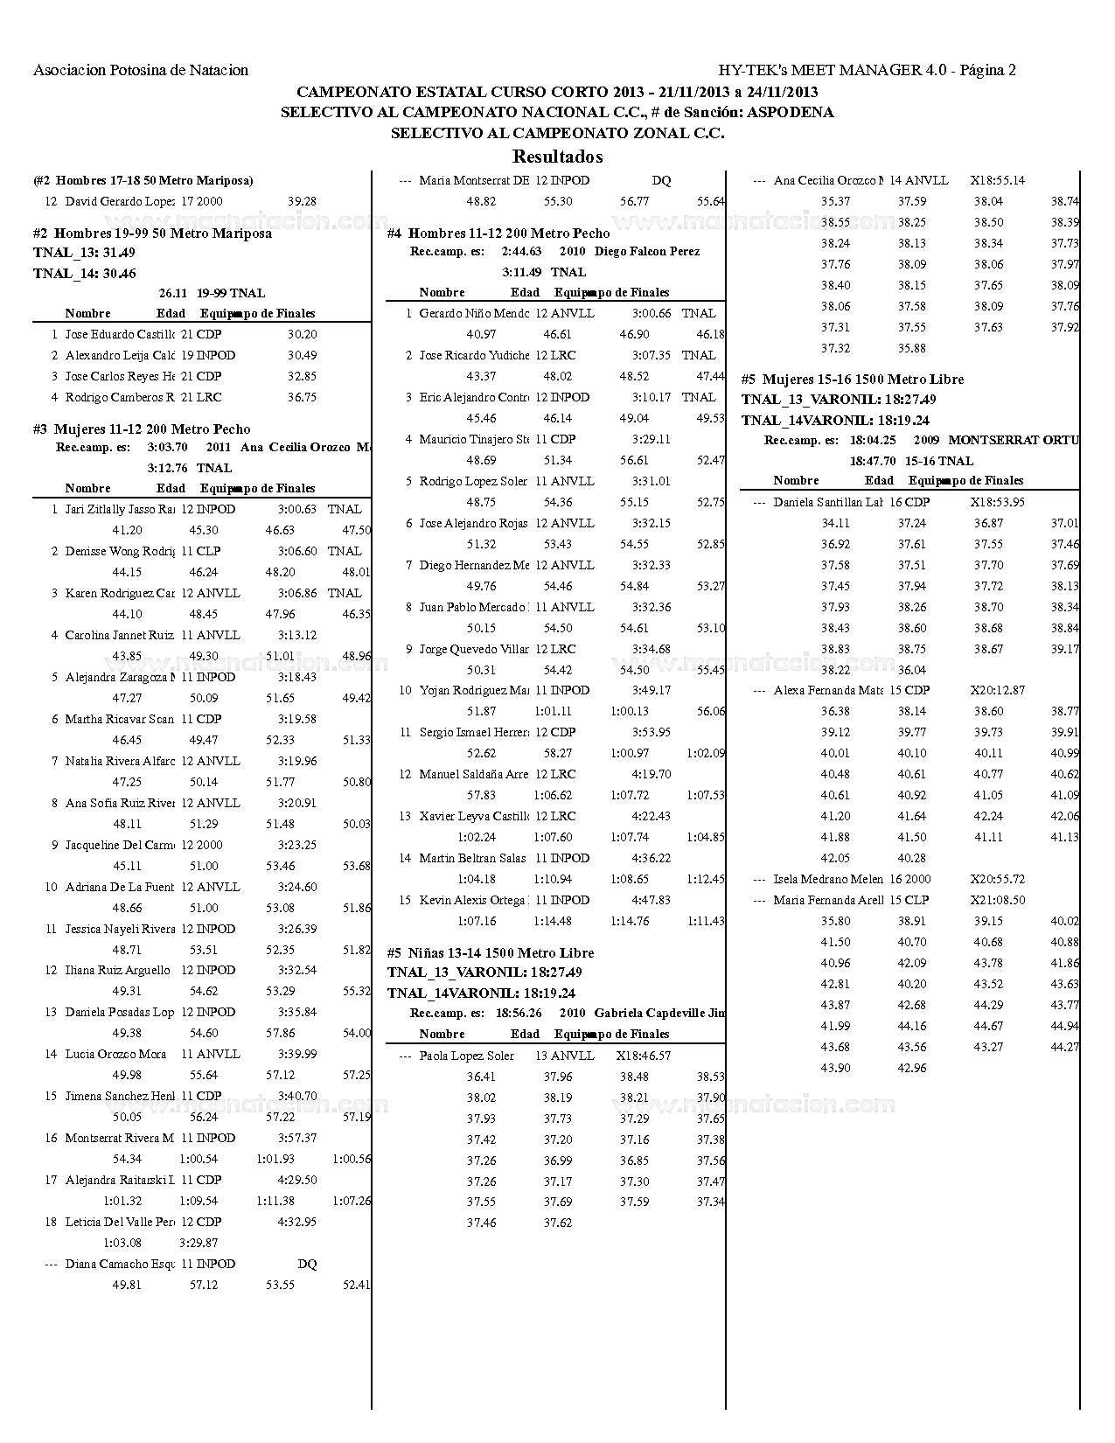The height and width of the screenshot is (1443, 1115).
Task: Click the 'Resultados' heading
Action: click(557, 157)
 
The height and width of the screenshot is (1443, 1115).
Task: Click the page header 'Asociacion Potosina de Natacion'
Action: click(141, 70)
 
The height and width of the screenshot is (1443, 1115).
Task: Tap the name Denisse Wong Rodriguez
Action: click(120, 551)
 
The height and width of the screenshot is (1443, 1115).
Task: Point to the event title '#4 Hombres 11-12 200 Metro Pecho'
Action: click(498, 234)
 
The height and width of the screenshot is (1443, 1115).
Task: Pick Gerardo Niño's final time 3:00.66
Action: click(652, 313)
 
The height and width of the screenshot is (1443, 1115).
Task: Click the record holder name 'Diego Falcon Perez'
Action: click(647, 251)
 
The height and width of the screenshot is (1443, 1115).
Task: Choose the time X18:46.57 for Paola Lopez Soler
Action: click(643, 1056)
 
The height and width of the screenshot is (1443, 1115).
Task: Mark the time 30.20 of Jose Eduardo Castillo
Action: click(302, 334)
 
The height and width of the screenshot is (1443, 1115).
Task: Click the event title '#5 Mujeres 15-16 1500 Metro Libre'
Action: click(853, 380)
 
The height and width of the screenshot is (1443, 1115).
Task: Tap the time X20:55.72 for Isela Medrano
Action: click(997, 879)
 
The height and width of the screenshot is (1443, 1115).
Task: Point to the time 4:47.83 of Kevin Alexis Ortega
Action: click(652, 900)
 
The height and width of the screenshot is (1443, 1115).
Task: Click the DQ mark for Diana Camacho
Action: click(307, 1264)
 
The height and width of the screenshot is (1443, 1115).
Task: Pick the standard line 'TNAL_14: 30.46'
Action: click(85, 273)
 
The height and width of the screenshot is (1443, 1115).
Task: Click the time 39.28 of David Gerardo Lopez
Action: click(302, 201)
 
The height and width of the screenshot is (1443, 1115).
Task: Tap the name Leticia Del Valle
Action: click(120, 1222)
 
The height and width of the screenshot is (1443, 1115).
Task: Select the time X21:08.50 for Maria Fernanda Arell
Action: click(997, 900)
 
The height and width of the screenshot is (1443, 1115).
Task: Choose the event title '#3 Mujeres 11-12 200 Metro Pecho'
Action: click(142, 429)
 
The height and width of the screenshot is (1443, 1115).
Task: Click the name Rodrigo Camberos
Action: click(120, 397)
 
